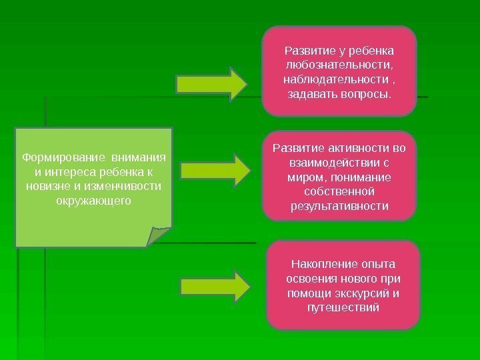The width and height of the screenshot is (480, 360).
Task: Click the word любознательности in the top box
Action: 339,65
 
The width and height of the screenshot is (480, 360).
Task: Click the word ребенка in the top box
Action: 371,51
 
